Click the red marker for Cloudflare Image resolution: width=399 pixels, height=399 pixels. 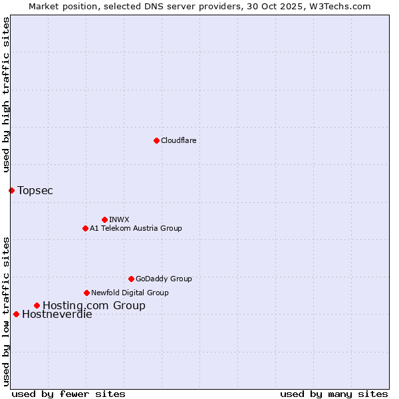pyautogui.click(x=156, y=140)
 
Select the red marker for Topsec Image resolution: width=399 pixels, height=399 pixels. pyautogui.click(x=11, y=190)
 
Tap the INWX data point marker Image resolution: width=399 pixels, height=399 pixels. pyautogui.click(x=104, y=219)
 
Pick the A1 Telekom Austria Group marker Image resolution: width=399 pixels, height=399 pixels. pyautogui.click(x=85, y=228)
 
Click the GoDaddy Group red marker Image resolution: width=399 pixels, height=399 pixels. pyautogui.click(x=131, y=279)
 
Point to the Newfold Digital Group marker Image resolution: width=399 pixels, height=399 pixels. pyautogui.click(x=86, y=293)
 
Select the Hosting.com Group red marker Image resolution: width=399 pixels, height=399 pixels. pyautogui.click(x=37, y=305)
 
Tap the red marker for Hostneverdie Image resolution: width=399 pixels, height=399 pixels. pyautogui.click(x=16, y=314)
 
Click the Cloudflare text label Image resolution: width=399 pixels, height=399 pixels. pyautogui.click(x=178, y=140)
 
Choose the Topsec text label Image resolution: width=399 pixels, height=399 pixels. pyautogui.click(x=35, y=190)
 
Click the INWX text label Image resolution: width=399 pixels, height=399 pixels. pyautogui.click(x=119, y=219)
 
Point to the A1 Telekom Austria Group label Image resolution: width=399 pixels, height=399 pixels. pyautogui.click(x=136, y=228)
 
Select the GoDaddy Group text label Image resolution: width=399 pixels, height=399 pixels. pyautogui.click(x=164, y=279)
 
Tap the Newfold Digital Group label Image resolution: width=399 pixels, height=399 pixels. pyautogui.click(x=130, y=293)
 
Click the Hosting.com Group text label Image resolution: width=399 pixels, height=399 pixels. pyautogui.click(x=94, y=305)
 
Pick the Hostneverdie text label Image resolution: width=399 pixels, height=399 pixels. pyautogui.click(x=57, y=315)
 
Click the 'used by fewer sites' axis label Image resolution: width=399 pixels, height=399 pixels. pyautogui.click(x=68, y=394)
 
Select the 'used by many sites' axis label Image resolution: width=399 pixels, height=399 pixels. pyautogui.click(x=334, y=394)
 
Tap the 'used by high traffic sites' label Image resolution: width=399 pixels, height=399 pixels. pyautogui.click(x=6, y=94)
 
